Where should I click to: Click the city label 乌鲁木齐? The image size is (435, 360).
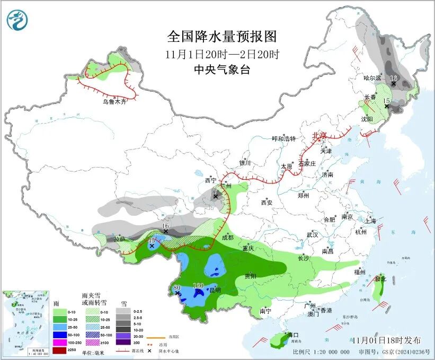click(115, 101)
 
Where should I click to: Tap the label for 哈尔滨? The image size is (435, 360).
click(372, 78)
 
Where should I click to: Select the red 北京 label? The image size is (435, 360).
click(319, 135)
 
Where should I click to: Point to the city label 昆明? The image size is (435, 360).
click(215, 291)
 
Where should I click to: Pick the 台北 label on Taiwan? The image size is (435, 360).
click(380, 278)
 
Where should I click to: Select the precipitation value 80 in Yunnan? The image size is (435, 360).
click(177, 288)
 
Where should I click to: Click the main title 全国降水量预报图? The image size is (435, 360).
click(222, 37)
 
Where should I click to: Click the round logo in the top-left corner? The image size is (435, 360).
click(17, 20)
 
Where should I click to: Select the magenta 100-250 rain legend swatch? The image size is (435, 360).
click(59, 343)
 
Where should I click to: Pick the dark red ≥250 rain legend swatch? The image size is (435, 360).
click(59, 351)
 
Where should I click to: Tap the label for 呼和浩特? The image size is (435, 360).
click(283, 139)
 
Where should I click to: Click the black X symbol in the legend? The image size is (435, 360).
click(151, 351)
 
